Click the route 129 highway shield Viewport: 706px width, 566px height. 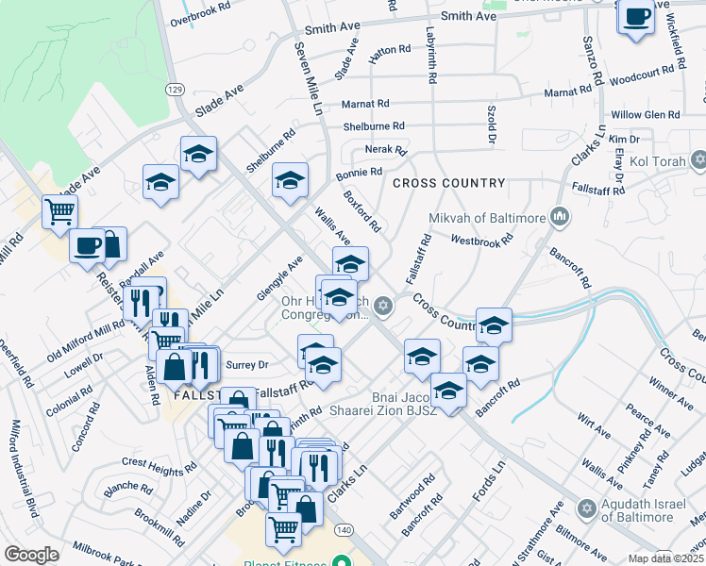pyautogui.click(x=175, y=89)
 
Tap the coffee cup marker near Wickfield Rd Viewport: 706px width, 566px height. pyautogui.click(x=637, y=17)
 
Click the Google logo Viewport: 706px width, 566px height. pyautogui.click(x=31, y=555)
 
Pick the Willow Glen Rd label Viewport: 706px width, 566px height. pyautogui.click(x=646, y=114)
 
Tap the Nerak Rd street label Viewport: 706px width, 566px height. pyautogui.click(x=386, y=150)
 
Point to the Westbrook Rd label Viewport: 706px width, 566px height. pyautogui.click(x=481, y=240)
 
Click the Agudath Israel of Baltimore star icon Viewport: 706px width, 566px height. pyautogui.click(x=586, y=509)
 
